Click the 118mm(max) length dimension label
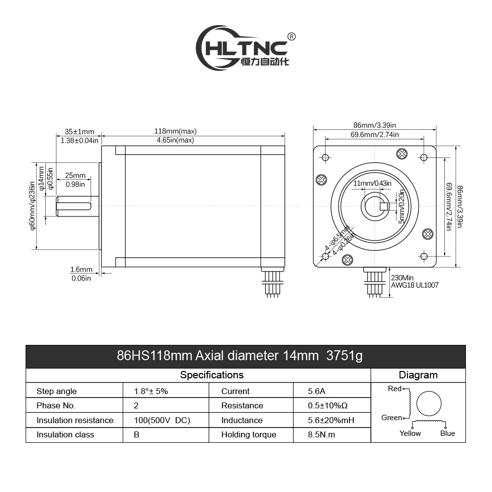175,131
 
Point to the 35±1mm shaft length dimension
79,131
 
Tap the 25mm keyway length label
75,176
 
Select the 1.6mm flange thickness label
81,269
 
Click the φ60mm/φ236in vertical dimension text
32,206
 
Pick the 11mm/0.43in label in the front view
372,184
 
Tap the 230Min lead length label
402,277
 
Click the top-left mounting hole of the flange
325,157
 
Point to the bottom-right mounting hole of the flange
424,256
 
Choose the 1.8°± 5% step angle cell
151,391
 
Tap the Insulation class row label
65,434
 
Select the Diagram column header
418,375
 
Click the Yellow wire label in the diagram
410,433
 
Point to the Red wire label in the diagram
395,389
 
